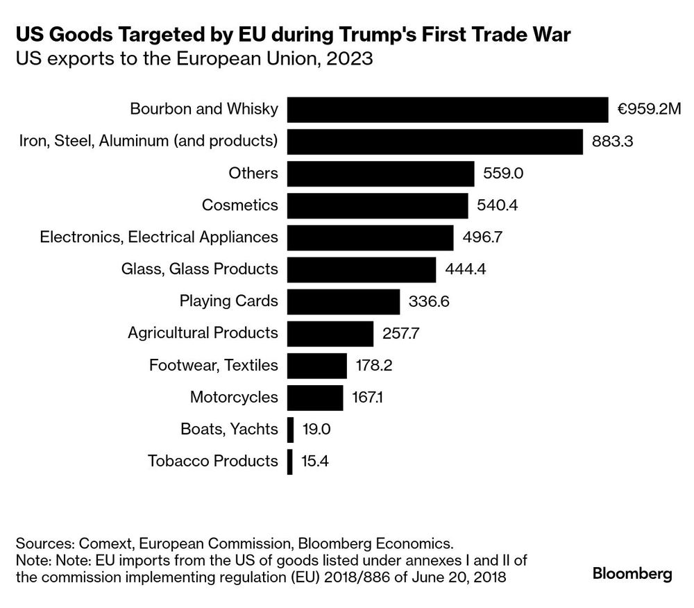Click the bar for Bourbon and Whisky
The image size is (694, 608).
point(448,110)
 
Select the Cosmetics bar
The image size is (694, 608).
point(378,205)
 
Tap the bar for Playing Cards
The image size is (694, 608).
point(344,301)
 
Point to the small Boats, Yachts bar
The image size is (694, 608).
point(290,429)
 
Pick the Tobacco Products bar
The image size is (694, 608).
point(290,461)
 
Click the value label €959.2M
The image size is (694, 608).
point(650,110)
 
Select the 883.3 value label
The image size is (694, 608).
point(613,142)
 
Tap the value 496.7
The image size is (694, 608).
point(482,237)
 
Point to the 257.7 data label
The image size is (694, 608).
point(401,333)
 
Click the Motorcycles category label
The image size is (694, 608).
point(234,397)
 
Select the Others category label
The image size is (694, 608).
point(253,174)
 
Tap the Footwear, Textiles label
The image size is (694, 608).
point(214,365)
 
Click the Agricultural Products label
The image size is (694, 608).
point(203,333)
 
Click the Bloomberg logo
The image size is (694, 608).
point(632,574)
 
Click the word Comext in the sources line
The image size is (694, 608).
point(105,543)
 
